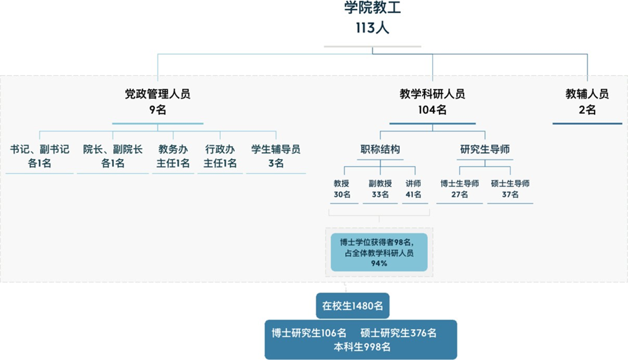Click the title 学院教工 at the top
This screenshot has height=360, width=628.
[x=372, y=8]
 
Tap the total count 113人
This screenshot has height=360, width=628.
[x=372, y=28]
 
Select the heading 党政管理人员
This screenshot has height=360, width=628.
[x=158, y=94]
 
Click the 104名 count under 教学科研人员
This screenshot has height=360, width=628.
[x=432, y=109]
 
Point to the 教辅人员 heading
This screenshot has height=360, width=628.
[x=587, y=94]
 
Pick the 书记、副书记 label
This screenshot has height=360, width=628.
[x=40, y=149]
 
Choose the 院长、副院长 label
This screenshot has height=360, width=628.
[x=113, y=149]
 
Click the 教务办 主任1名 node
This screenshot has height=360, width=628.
[x=173, y=156]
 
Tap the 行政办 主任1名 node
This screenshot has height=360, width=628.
[x=220, y=156]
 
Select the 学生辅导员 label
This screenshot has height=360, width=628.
[x=276, y=149]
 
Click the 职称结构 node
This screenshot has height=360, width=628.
[x=380, y=149]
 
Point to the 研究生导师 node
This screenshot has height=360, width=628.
[x=485, y=149]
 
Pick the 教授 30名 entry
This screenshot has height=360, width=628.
[x=342, y=189]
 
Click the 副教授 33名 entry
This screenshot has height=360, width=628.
[x=380, y=189]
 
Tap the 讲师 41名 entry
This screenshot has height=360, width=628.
[x=413, y=189]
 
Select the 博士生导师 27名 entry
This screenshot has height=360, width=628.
[x=459, y=189]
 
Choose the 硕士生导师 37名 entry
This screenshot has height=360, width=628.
[x=510, y=189]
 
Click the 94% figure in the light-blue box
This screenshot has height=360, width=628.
[x=379, y=263]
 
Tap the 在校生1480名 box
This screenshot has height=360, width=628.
[x=352, y=306]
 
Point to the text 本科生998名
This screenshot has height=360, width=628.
[x=362, y=347]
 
